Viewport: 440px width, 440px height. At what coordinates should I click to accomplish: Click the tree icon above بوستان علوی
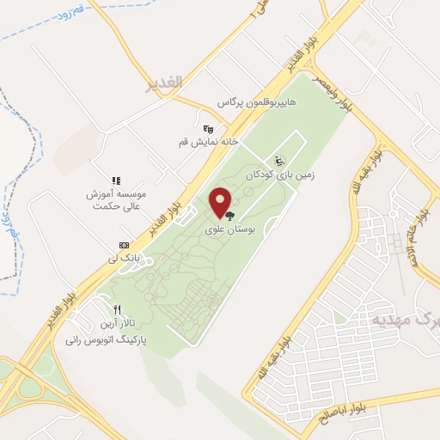click(x=228, y=217)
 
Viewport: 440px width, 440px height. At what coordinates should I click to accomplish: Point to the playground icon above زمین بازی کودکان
click(x=278, y=160)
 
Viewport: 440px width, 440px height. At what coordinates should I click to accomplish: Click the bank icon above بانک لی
click(x=124, y=244)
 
